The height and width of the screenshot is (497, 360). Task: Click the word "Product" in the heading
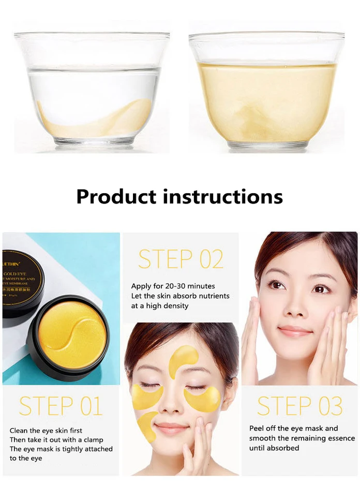click(116, 197)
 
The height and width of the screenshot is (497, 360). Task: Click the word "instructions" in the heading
click(222, 197)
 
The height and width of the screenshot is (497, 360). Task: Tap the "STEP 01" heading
click(61, 406)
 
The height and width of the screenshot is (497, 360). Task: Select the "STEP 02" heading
click(181, 259)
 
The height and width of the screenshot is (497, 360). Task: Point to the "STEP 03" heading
click(299, 406)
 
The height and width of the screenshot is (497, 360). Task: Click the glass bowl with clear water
click(92, 91)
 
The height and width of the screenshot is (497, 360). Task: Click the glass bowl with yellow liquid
click(267, 91)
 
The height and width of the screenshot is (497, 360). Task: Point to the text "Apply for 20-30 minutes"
click(173, 286)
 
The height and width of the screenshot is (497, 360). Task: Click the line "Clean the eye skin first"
click(46, 430)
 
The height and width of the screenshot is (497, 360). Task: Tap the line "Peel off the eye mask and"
click(293, 428)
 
